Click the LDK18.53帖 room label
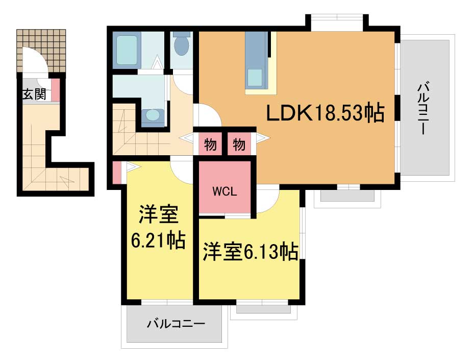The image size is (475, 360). tap(326, 113)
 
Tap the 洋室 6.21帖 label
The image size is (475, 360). tap(158, 227)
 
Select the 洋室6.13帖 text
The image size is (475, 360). tap(251, 251)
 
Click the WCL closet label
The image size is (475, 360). tap(224, 191)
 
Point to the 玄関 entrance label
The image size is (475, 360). tap(34, 94)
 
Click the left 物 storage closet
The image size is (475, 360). tap(210, 145)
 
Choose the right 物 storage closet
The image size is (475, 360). tap(239, 145)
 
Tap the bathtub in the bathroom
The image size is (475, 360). tap(127, 51)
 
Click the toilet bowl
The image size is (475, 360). tap(182, 45)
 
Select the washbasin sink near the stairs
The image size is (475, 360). tap(154, 115)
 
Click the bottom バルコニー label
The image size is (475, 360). tap(176, 324)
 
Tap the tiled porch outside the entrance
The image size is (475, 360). tap(41, 51)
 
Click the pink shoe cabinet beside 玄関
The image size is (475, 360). tap(56, 90)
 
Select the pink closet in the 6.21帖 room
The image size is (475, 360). tap(116, 173)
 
